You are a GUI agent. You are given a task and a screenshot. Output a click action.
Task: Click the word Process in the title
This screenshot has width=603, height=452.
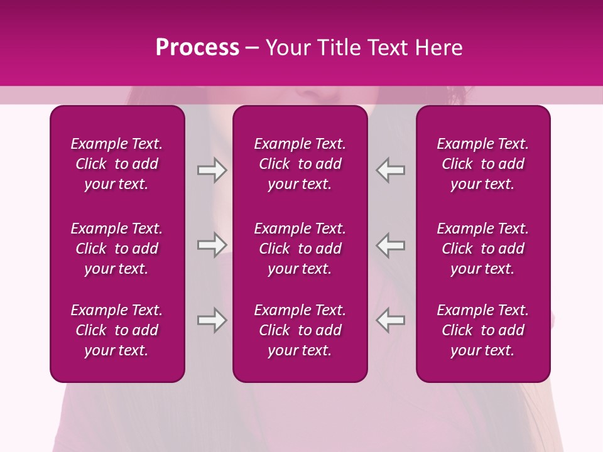point(197,48)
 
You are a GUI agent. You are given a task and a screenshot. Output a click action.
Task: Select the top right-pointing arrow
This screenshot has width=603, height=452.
point(212,170)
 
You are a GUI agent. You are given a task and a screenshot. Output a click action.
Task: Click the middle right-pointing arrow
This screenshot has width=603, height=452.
point(212,245)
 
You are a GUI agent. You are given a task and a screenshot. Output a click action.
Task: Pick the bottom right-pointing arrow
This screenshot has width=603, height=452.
point(212,320)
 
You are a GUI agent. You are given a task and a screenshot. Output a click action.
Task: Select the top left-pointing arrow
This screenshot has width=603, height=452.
point(391,170)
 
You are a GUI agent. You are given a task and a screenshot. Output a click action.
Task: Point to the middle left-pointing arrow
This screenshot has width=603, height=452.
point(391,245)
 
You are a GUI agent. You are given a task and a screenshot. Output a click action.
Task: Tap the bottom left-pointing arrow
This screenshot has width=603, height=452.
point(391,320)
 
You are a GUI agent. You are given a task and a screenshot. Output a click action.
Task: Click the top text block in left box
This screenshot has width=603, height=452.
point(117,164)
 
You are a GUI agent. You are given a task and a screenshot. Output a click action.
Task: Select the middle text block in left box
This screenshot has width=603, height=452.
point(117,249)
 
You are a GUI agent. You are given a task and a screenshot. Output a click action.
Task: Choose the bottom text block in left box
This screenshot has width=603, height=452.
point(117,330)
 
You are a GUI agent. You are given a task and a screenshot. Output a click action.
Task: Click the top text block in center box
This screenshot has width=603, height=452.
point(300,164)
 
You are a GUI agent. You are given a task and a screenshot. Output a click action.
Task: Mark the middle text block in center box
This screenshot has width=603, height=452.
point(300,249)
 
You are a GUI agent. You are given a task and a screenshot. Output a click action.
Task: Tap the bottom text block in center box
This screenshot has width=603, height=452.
point(300,330)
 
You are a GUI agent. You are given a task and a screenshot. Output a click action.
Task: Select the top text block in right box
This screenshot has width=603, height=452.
point(483,164)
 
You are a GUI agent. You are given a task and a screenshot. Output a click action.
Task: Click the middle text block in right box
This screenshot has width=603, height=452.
point(483,249)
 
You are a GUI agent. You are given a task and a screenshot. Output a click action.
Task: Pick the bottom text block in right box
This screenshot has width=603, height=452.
point(483,330)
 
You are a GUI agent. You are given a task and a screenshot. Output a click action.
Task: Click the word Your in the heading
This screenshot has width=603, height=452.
point(287,48)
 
